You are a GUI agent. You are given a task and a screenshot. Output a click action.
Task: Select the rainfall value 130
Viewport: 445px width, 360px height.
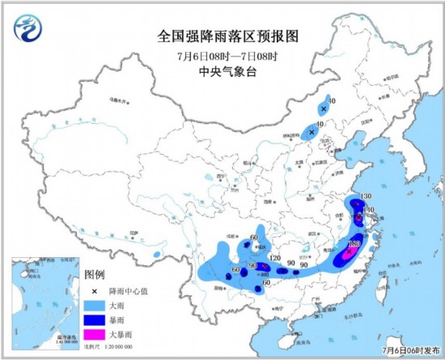point(365,197)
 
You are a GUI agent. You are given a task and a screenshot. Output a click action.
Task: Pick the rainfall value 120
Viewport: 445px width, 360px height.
point(275,258)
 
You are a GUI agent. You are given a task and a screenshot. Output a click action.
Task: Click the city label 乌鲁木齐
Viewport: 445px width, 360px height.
point(118,103)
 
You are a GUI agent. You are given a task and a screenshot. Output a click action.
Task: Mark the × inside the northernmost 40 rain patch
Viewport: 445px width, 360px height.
point(324,108)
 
